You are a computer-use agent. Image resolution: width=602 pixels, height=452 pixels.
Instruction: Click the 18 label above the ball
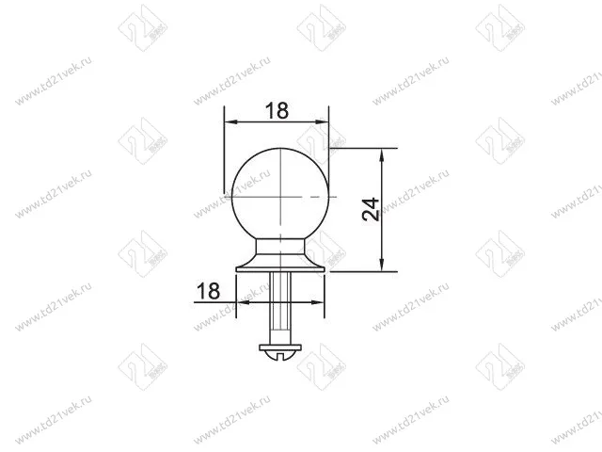277,111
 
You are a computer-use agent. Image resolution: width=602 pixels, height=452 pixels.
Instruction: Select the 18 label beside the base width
208,291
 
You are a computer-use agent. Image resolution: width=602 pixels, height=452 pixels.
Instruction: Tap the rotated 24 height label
371,210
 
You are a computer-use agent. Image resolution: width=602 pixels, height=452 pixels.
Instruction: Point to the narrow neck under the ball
280,246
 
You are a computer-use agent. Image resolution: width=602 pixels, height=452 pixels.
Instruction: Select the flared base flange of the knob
280,264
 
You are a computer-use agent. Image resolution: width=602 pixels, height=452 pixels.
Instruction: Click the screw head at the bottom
280,351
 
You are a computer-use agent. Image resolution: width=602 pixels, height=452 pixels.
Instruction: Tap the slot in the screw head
280,356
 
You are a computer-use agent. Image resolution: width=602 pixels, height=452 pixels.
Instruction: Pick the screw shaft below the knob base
280,308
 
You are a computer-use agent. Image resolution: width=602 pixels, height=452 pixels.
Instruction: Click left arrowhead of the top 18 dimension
231,121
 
